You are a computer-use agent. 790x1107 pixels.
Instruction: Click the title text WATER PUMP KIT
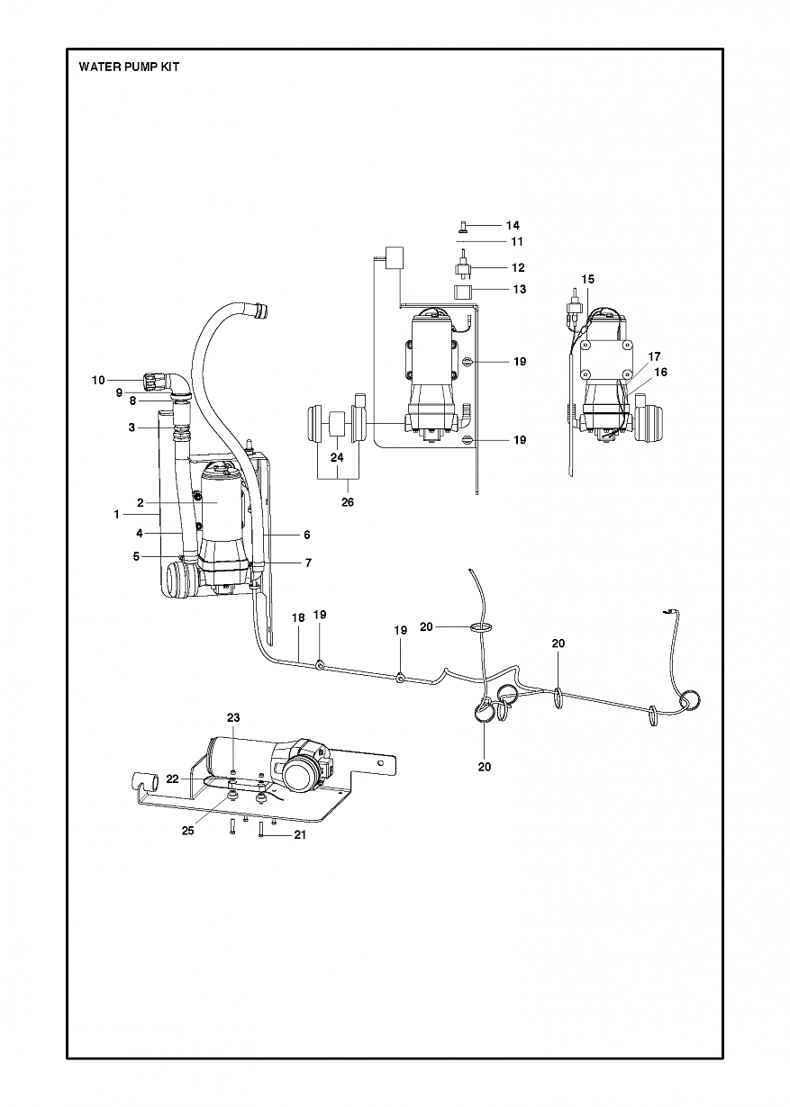(x=129, y=67)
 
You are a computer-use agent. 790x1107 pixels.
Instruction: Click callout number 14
(x=513, y=225)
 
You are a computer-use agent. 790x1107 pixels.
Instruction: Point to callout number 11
(x=517, y=242)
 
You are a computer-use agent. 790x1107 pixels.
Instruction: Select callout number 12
(x=518, y=267)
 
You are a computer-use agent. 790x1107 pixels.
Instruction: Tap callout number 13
(x=520, y=289)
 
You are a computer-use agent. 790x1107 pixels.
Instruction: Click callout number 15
(x=587, y=279)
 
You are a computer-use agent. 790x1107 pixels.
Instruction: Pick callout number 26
(x=348, y=502)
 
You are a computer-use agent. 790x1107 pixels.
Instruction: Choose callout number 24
(x=337, y=457)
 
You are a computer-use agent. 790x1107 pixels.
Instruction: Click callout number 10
(x=98, y=380)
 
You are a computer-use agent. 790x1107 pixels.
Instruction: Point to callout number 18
(x=298, y=617)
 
